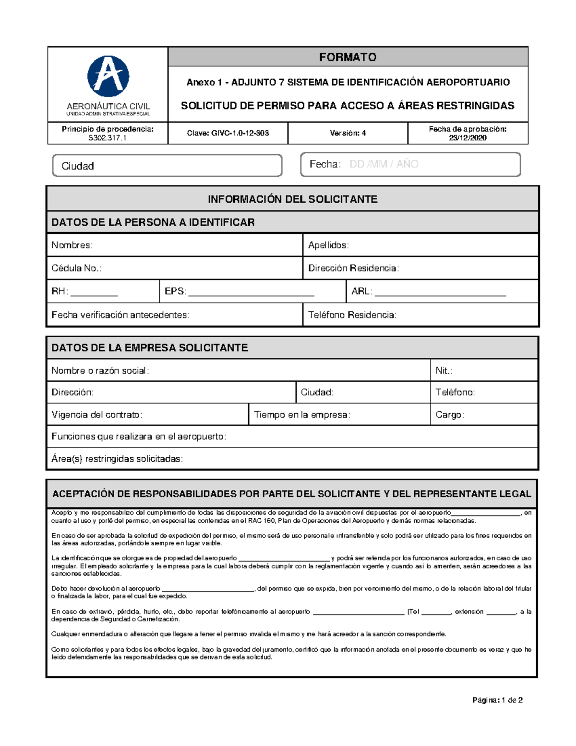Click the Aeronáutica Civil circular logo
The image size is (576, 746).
108,76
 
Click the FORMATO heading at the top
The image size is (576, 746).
348,57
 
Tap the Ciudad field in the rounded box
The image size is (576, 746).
167,166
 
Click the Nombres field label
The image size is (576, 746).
72,245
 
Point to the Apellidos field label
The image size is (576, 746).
328,245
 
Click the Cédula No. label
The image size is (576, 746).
76,268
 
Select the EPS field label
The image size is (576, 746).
175,291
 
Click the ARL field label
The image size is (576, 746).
361,291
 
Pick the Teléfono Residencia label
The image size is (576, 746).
352,315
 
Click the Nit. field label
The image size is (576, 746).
444,370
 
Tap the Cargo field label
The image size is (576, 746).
450,415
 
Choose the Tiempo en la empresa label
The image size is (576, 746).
302,415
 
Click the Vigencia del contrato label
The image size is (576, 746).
97,415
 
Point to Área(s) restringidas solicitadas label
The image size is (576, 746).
117,459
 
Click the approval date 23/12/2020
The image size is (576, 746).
468,138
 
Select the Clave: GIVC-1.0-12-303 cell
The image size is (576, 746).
228,133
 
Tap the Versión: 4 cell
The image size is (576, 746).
348,133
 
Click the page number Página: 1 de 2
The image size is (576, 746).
497,700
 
